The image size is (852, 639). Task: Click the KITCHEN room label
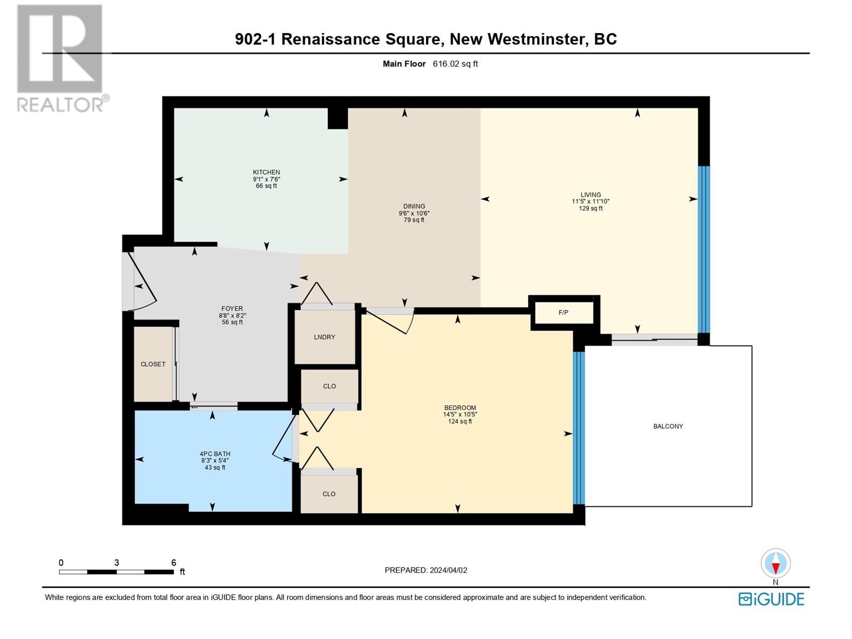pyautogui.click(x=266, y=172)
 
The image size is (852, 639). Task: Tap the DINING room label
pyautogui.click(x=414, y=207)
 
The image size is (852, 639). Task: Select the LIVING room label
pyautogui.click(x=591, y=195)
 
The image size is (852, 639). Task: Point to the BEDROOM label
pyautogui.click(x=460, y=408)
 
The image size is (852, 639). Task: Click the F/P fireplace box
pyautogui.click(x=563, y=313)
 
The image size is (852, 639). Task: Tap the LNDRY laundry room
pyautogui.click(x=325, y=337)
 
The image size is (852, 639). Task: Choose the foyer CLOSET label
pyautogui.click(x=153, y=364)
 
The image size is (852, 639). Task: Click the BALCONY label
pyautogui.click(x=668, y=426)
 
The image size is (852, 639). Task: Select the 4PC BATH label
pyautogui.click(x=215, y=454)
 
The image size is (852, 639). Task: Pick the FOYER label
pyautogui.click(x=232, y=308)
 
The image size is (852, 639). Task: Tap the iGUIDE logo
pyautogui.click(x=771, y=599)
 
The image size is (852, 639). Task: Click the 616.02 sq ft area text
pyautogui.click(x=455, y=63)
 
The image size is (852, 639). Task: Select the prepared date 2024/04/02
pyautogui.click(x=448, y=570)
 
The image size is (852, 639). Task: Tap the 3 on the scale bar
pyautogui.click(x=117, y=562)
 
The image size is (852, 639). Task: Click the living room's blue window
pyautogui.click(x=704, y=249)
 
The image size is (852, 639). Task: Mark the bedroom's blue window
pyautogui.click(x=579, y=428)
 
